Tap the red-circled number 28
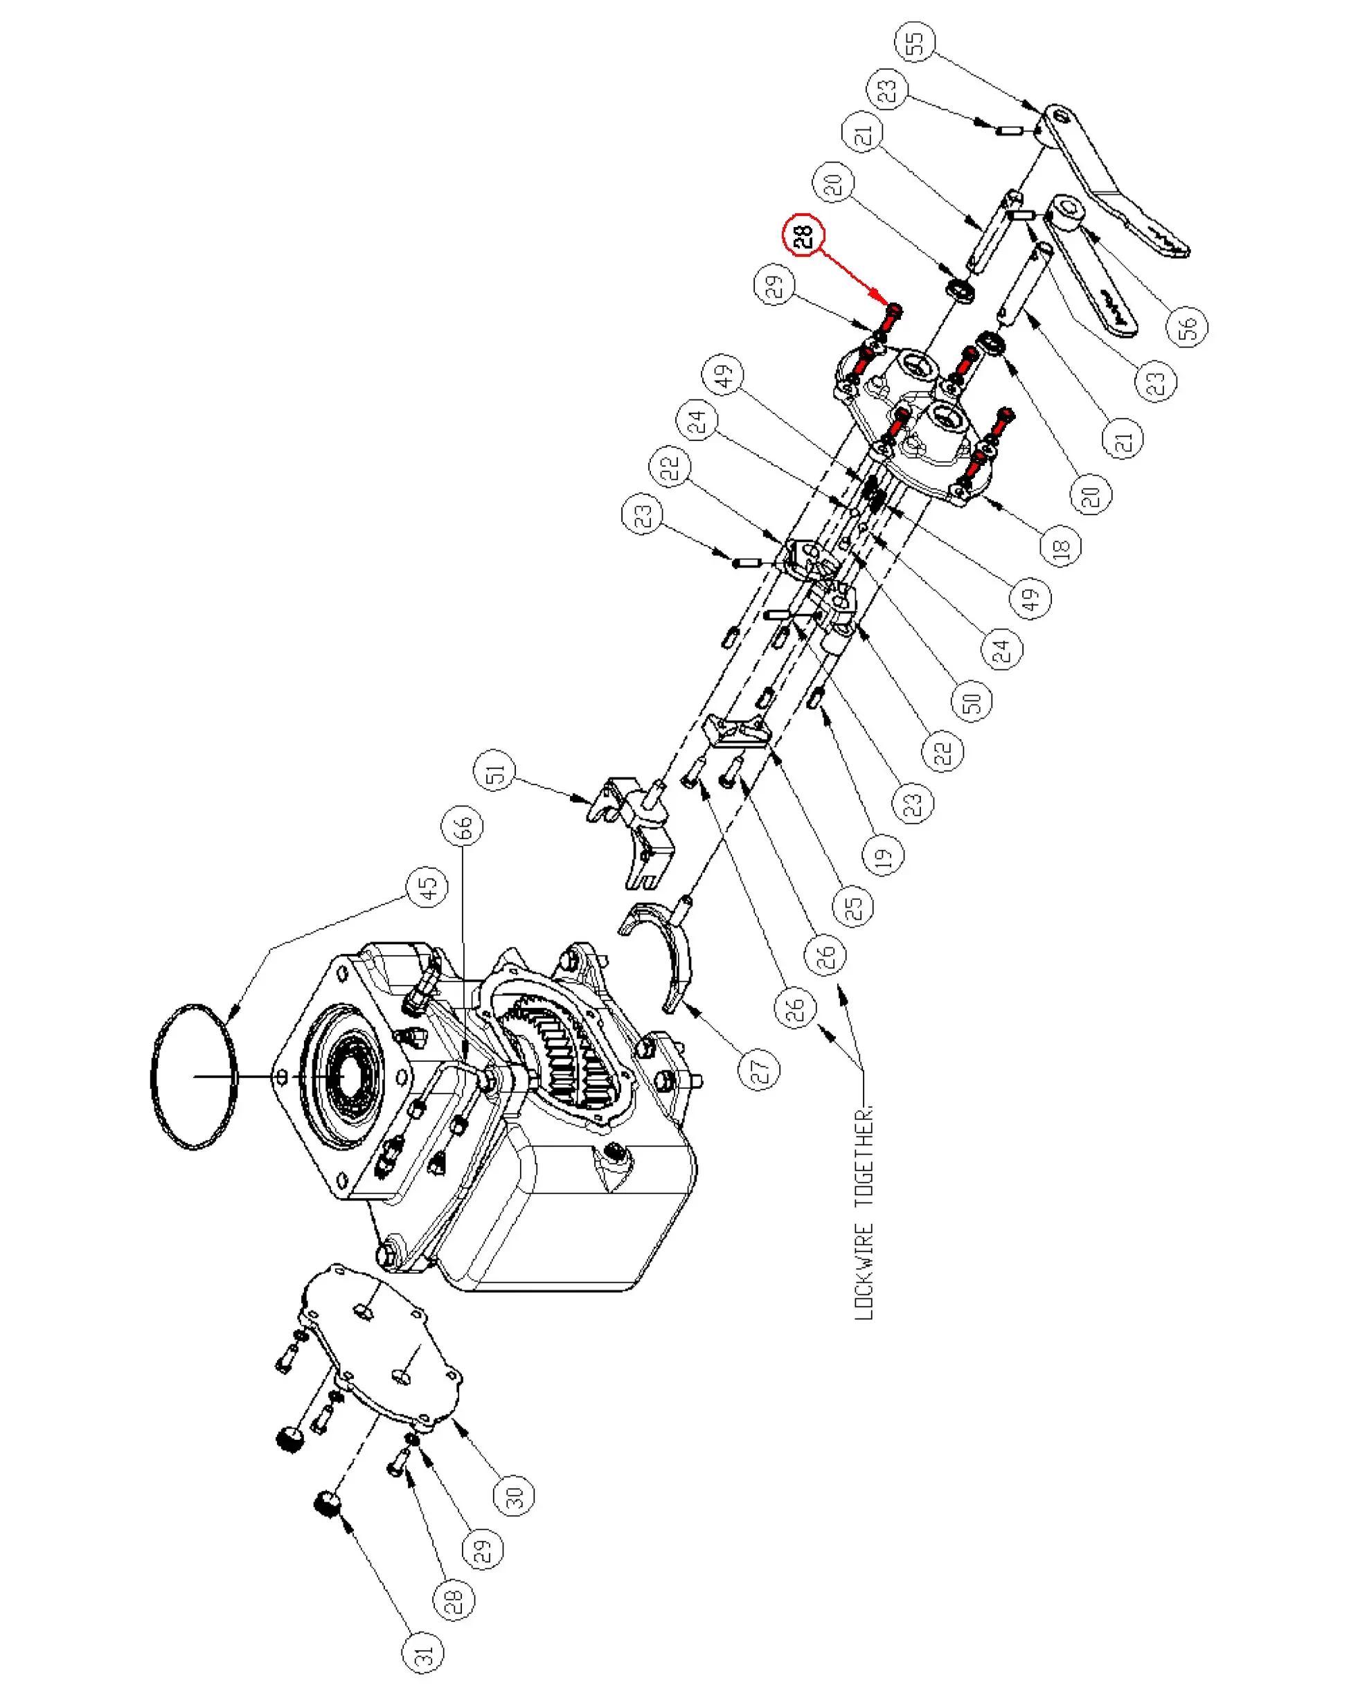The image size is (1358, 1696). pyautogui.click(x=803, y=236)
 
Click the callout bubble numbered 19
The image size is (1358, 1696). pyautogui.click(x=884, y=854)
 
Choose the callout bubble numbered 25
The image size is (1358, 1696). pyautogui.click(x=854, y=905)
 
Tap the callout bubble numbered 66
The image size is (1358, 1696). pyautogui.click(x=463, y=826)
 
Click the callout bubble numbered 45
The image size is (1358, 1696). pyautogui.click(x=427, y=887)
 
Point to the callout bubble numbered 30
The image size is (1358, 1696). pyautogui.click(x=514, y=1495)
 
